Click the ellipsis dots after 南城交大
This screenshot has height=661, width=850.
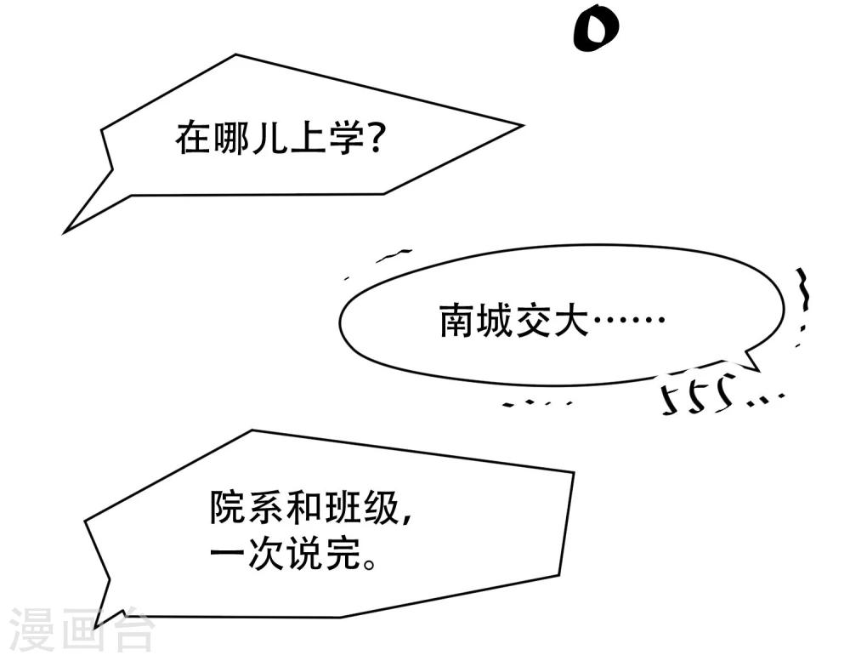click(629, 320)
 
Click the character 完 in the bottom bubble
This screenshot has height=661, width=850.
click(343, 553)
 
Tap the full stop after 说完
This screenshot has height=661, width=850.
click(371, 562)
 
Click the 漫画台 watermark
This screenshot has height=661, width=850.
click(82, 630)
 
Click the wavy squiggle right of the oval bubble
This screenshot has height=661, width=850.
click(804, 290)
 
